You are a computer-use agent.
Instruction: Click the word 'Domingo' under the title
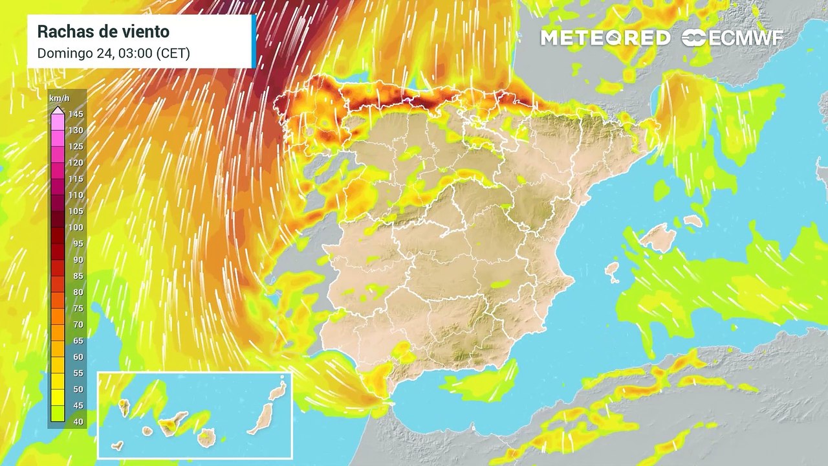pyautogui.click(x=61, y=54)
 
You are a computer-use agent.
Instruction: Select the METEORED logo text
pyautogui.click(x=605, y=38)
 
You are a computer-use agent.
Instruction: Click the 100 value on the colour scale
pyautogui.click(x=76, y=228)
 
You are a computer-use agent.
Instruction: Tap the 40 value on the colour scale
pyautogui.click(x=76, y=422)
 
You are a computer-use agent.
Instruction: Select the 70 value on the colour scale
pyautogui.click(x=76, y=325)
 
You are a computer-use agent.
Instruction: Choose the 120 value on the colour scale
pyautogui.click(x=76, y=163)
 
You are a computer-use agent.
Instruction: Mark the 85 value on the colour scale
pyautogui.click(x=76, y=276)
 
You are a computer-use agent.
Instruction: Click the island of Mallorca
pyautogui.click(x=658, y=238)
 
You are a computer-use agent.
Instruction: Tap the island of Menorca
pyautogui.click(x=693, y=221)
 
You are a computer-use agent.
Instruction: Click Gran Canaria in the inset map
pyautogui.click(x=206, y=438)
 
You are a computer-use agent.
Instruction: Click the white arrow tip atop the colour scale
pyautogui.click(x=58, y=109)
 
